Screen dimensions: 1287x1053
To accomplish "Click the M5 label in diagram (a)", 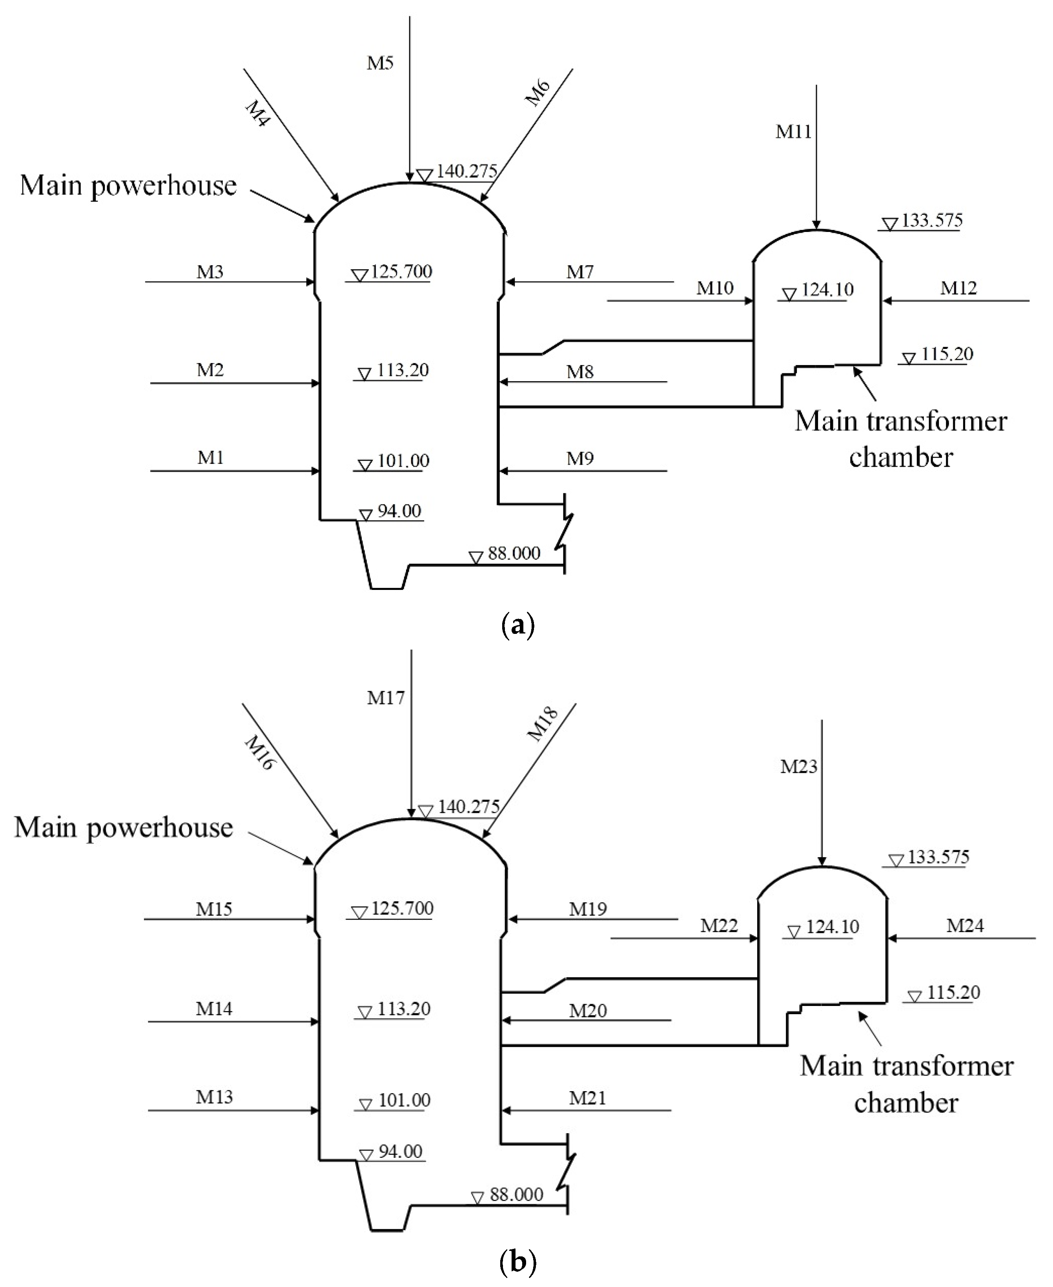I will (x=380, y=63).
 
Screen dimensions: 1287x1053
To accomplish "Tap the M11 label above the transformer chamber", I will (x=793, y=131).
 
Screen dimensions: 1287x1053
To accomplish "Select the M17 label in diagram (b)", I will (x=386, y=698).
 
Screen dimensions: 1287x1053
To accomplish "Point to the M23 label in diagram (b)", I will (x=798, y=767).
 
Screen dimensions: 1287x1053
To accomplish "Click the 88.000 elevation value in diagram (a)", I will (x=514, y=553).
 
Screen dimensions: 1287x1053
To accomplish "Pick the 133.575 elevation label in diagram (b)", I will (x=938, y=857).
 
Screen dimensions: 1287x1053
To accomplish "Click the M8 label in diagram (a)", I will (x=580, y=372).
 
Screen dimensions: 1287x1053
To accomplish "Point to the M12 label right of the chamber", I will (x=958, y=288).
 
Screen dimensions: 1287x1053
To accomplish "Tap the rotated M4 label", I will (x=257, y=113).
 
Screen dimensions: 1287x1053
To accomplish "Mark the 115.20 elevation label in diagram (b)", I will (x=953, y=993).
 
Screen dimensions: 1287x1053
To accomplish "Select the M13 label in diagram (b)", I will (x=214, y=1094).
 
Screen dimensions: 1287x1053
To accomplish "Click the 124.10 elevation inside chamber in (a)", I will (x=827, y=289).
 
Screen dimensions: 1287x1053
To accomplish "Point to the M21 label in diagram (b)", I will (x=587, y=1095).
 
